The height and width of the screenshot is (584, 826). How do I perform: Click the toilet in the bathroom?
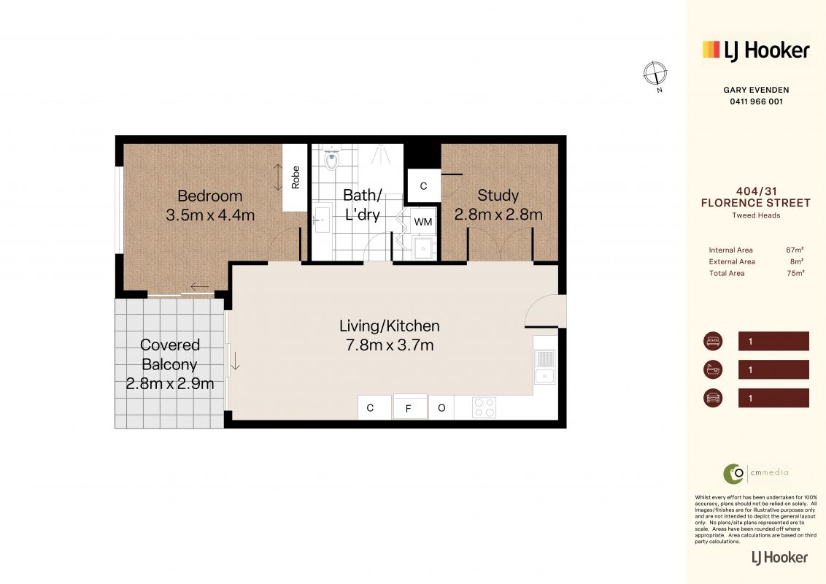coord(331,158)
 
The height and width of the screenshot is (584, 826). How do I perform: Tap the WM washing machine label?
coord(423,222)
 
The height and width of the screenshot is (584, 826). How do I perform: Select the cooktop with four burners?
coord(484,407)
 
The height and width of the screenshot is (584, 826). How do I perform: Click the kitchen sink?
coord(544,366)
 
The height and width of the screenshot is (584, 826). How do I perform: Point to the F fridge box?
coord(409,408)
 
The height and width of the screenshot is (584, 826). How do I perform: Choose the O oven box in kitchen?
coord(441,407)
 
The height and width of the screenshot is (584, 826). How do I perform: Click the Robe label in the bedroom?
coord(296,177)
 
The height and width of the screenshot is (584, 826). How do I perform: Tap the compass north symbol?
coord(655,74)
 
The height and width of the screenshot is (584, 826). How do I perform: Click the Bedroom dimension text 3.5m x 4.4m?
coord(210,215)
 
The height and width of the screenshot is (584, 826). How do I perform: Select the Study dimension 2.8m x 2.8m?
coord(498,215)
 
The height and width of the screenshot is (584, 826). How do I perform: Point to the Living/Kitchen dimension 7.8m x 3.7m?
coord(390,345)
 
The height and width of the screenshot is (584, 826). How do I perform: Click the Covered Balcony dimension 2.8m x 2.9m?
coord(169,384)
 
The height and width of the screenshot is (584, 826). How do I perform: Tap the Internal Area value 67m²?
coord(795,250)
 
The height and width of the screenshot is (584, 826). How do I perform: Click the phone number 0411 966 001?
coord(757,101)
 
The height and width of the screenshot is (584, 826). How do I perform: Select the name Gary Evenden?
coord(757,90)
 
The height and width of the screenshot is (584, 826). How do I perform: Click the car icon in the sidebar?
coord(713,397)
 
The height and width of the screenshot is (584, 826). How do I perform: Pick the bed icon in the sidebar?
coord(713,341)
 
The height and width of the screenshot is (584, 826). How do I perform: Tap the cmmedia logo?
coord(756,473)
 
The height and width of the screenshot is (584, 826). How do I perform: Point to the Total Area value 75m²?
coord(795,273)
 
